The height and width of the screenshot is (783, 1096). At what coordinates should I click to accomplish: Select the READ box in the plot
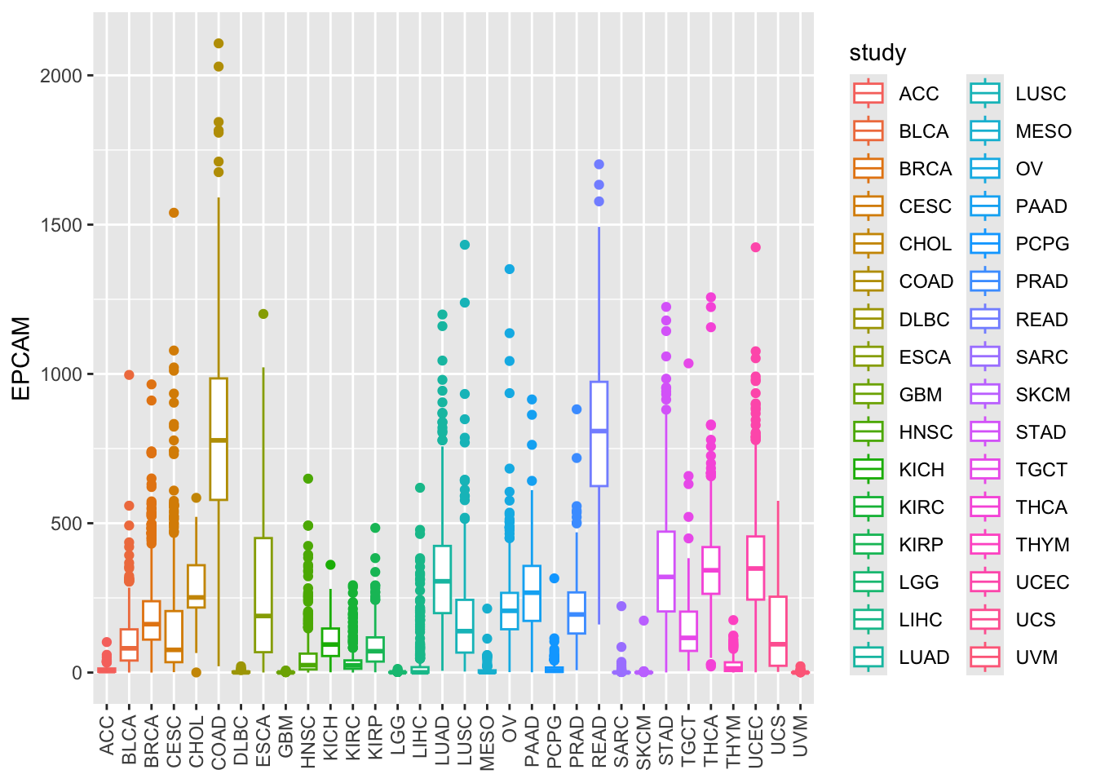click(x=599, y=433)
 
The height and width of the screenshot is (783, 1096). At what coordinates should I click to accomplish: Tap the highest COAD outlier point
click(x=219, y=44)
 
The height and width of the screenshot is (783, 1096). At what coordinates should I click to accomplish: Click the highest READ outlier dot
click(x=599, y=165)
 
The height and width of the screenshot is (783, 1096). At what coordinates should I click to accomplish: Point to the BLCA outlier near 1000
click(x=129, y=375)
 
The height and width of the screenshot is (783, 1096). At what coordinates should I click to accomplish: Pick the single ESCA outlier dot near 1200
click(x=263, y=314)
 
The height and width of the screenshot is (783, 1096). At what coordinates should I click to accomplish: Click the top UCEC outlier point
click(x=755, y=247)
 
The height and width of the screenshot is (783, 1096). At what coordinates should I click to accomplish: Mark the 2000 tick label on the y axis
click(x=61, y=76)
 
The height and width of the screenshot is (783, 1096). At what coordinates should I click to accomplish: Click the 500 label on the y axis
click(x=66, y=524)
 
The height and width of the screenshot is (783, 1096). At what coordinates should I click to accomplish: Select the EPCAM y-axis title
click(x=22, y=359)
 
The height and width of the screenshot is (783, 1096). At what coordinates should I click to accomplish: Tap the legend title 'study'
click(x=877, y=53)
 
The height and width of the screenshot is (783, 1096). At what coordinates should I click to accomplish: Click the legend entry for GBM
click(x=920, y=395)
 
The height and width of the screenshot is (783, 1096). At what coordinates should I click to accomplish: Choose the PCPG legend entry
click(x=1041, y=244)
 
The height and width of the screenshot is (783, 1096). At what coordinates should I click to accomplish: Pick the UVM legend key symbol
click(x=985, y=657)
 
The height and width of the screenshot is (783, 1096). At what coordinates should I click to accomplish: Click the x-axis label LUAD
click(x=443, y=741)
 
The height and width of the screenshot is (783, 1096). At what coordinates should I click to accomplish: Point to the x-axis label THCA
click(x=711, y=741)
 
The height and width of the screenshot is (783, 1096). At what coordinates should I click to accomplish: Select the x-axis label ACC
click(x=107, y=736)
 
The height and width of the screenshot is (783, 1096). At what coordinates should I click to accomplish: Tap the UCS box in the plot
click(x=778, y=631)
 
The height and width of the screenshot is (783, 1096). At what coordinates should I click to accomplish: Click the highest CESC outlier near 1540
click(x=174, y=213)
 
